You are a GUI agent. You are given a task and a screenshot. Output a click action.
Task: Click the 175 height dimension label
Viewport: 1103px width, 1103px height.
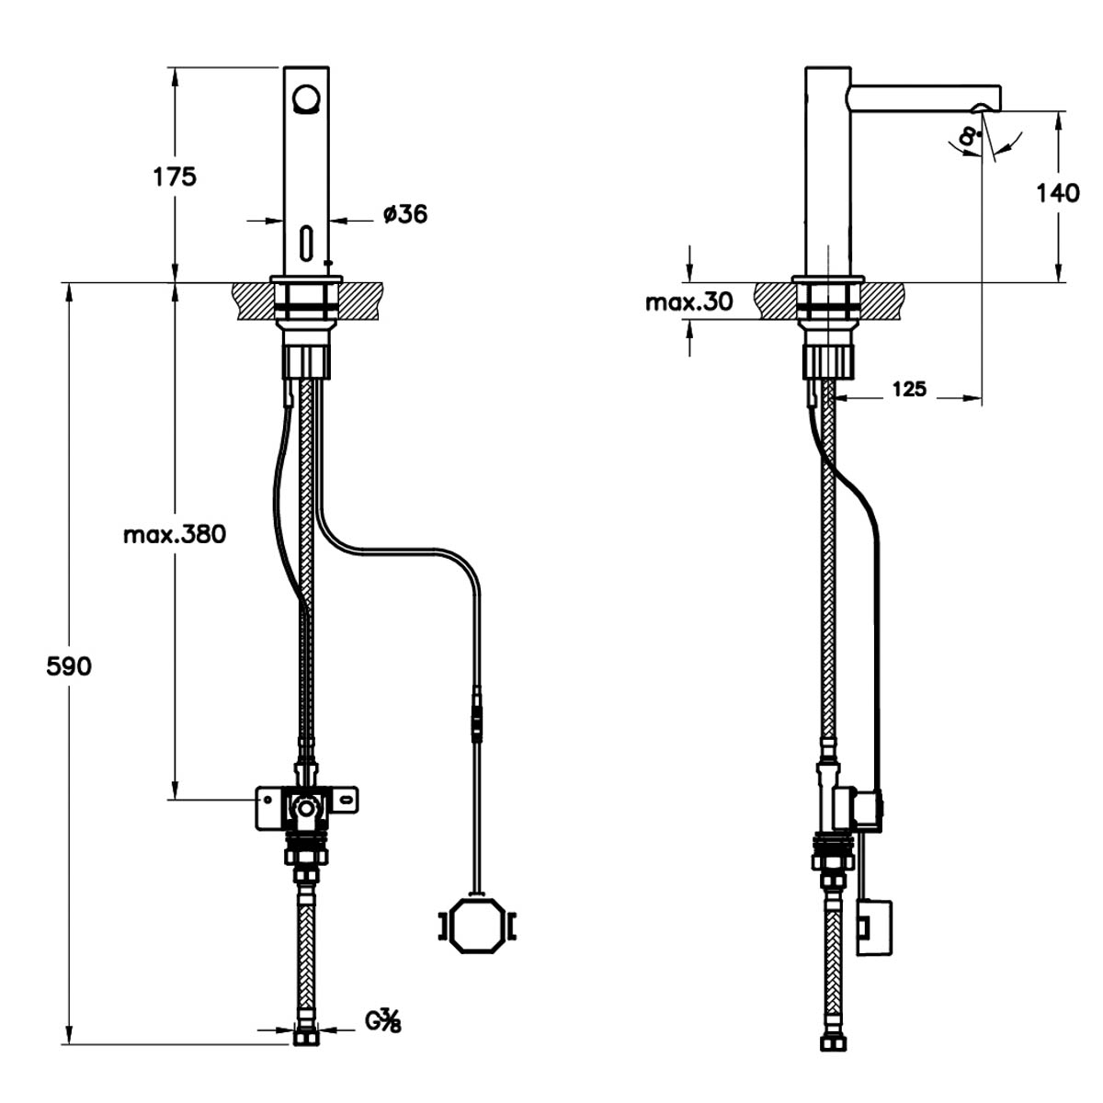click(175, 176)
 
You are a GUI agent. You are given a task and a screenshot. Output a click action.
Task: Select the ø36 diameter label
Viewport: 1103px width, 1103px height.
click(405, 214)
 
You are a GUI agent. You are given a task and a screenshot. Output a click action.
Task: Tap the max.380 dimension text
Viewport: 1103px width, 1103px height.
click(176, 535)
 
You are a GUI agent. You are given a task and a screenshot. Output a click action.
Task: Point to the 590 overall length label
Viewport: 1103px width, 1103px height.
click(69, 666)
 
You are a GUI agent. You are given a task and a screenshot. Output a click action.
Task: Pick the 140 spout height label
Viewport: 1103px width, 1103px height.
click(1058, 193)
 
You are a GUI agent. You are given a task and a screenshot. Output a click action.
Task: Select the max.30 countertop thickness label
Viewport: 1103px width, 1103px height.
click(689, 301)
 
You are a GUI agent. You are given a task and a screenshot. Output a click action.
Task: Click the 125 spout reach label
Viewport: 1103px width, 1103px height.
click(909, 389)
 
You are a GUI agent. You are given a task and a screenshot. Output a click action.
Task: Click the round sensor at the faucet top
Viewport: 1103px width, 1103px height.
click(306, 97)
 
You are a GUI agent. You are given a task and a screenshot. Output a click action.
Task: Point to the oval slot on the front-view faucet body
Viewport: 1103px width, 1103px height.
click(307, 244)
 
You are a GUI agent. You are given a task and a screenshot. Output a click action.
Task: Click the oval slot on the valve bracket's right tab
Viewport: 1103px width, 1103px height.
click(347, 801)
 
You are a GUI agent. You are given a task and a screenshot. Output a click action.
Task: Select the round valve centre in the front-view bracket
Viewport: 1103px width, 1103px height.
click(306, 809)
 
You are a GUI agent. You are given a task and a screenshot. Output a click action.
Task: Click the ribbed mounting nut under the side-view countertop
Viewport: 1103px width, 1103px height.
click(829, 361)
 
